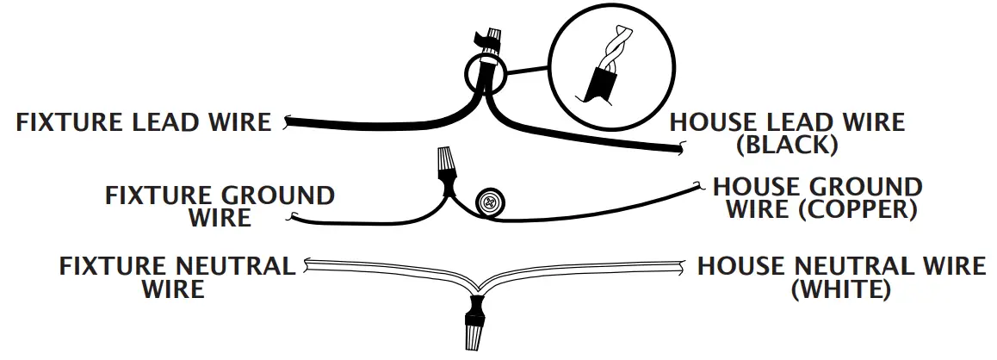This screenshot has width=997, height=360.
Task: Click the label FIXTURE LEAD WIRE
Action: (143, 121)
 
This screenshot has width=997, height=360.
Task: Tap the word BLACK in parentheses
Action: (787, 145)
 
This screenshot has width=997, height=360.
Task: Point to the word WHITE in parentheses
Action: (840, 289)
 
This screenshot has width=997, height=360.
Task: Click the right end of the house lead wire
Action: (680, 152)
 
